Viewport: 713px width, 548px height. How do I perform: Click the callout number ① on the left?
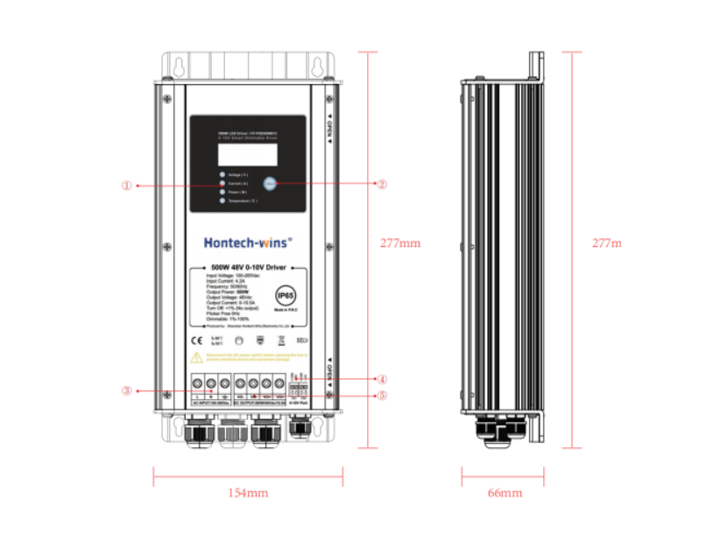[127, 186]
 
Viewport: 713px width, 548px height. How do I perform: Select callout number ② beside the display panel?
[381, 185]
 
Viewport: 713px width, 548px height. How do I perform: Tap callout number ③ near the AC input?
[127, 391]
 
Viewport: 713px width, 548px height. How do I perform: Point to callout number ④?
[382, 380]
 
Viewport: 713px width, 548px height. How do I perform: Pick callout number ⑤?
[382, 395]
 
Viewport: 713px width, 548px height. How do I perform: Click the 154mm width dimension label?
[248, 494]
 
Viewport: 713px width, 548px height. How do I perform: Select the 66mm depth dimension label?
[505, 494]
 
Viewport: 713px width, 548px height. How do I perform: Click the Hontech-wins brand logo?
[248, 242]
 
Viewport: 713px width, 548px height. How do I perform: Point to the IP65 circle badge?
[286, 295]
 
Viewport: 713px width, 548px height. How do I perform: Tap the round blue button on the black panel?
[270, 184]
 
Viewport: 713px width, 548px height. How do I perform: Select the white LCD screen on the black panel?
[248, 155]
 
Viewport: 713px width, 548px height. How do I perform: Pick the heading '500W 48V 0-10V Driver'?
[248, 267]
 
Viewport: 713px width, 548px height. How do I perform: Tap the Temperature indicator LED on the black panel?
[222, 201]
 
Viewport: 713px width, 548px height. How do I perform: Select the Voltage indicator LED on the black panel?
[222, 175]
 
